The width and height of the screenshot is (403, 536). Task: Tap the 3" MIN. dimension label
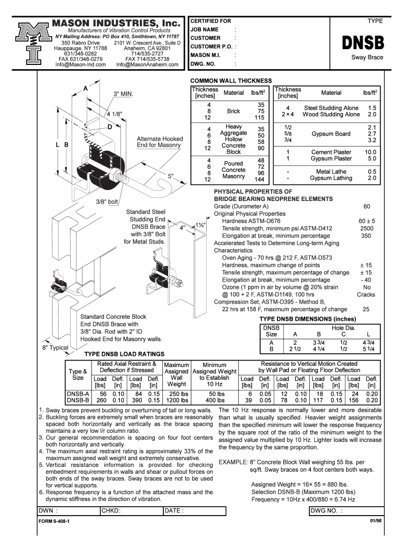coord(124,94)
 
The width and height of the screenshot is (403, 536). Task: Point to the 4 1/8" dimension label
coord(115,114)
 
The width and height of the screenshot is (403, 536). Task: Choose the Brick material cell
coord(233,111)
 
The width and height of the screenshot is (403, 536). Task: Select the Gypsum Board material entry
coord(331,133)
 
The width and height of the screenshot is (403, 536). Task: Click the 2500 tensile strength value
coord(366,228)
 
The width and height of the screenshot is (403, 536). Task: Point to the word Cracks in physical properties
coord(366,294)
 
